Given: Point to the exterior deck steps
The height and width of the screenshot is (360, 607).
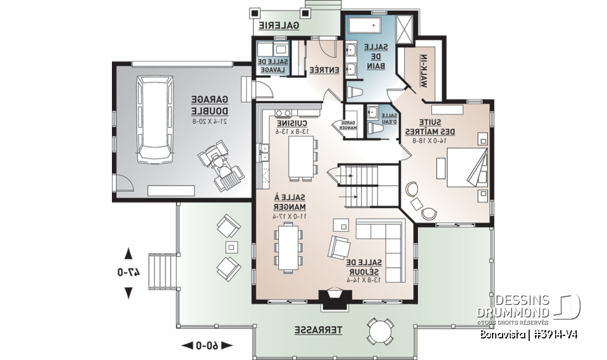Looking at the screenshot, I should (x=163, y=270).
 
